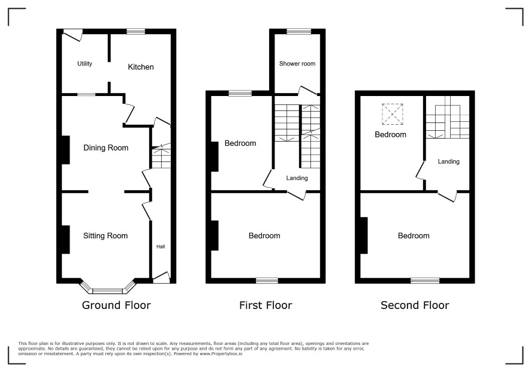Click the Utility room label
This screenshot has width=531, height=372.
85,64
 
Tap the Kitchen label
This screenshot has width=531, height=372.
141,67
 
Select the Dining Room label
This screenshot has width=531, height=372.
105,148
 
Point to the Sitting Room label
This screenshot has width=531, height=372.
105,236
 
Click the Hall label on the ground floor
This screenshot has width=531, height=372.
161,247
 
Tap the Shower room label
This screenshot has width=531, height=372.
297,64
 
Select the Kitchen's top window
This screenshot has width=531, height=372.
136,31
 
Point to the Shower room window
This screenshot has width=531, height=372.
298,31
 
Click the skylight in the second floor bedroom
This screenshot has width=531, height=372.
393,114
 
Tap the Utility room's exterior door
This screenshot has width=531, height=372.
73,34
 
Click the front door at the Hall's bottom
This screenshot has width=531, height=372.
161,278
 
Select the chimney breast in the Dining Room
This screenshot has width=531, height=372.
66,150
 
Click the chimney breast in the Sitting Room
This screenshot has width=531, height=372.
66,239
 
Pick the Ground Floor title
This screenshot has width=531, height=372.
116,305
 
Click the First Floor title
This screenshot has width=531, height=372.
265,305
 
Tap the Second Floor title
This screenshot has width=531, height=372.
415,305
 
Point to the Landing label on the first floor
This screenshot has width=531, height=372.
297,178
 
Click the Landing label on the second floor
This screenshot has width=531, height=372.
449,162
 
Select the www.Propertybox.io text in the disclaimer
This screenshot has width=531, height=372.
221,353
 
